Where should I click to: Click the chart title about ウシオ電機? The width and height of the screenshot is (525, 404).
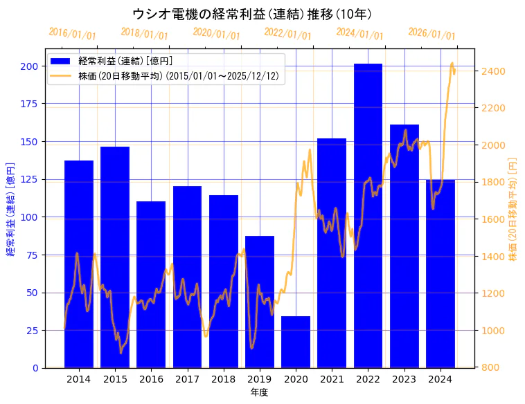coord(252,14)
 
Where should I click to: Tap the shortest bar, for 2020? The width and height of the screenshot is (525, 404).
coord(296,342)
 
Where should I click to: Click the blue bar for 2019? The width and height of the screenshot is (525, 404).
coord(260,302)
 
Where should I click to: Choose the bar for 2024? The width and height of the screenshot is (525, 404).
coord(441,273)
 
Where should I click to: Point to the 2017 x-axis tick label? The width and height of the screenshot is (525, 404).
coord(187,379)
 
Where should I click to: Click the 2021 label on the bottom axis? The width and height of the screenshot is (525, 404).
coord(332,379)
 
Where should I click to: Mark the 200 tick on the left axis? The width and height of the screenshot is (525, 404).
coord(29,66)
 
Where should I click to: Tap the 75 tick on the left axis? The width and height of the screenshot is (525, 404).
coord(32,255)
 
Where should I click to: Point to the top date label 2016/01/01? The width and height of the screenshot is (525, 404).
coord(73,34)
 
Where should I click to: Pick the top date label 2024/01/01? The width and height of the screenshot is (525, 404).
coord(359,34)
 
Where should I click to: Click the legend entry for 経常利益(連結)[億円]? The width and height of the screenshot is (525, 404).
coord(125,62)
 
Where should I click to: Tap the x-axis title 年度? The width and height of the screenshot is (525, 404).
coord(260,392)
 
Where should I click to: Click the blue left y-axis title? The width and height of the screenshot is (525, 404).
coord(10,209)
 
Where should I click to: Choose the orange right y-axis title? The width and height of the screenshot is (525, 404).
coord(513,209)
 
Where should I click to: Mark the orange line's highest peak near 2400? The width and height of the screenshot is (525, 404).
coord(452,64)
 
